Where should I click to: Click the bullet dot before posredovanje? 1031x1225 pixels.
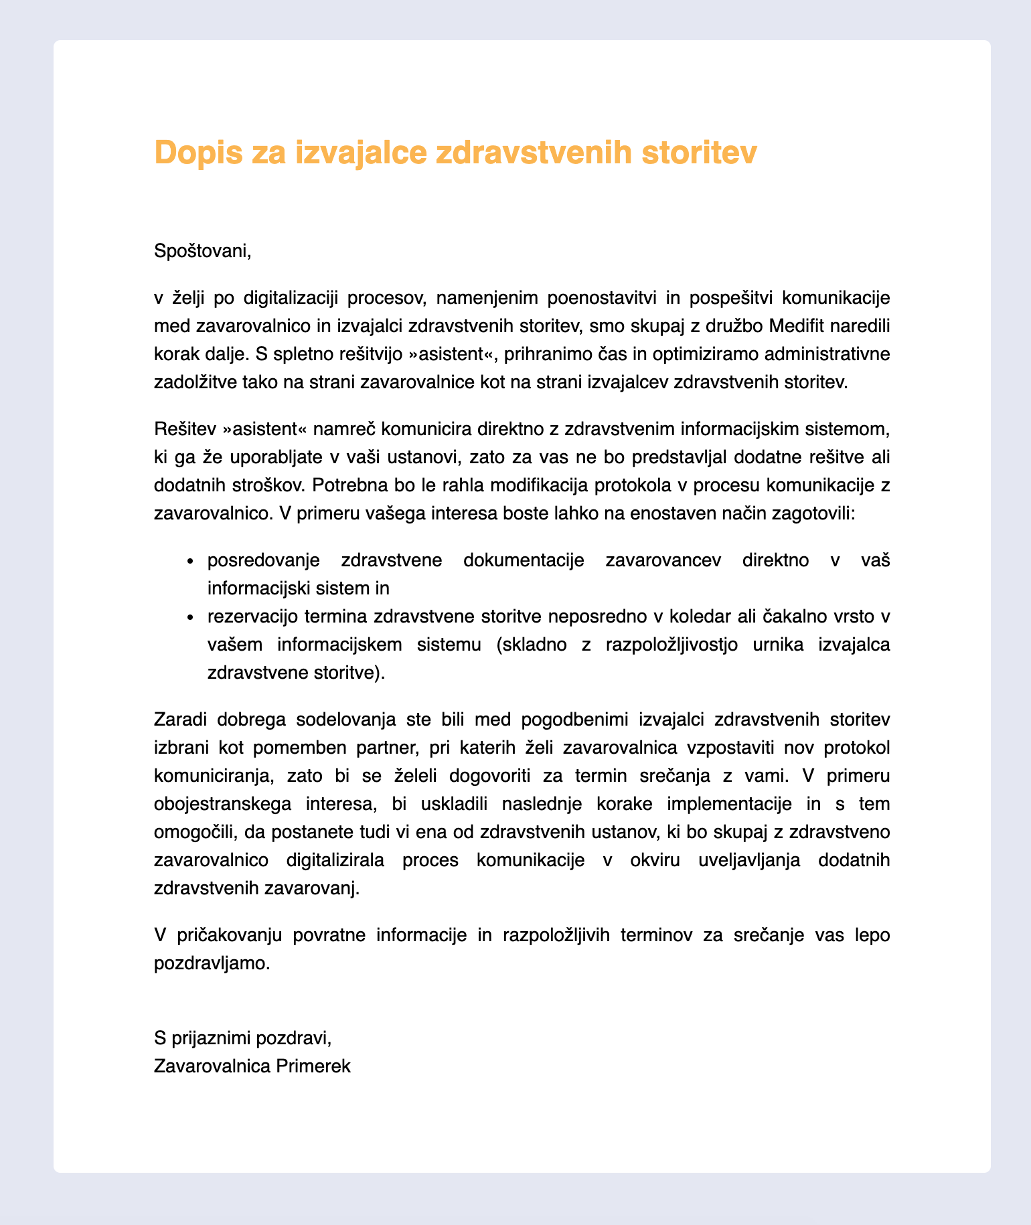tap(191, 561)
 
